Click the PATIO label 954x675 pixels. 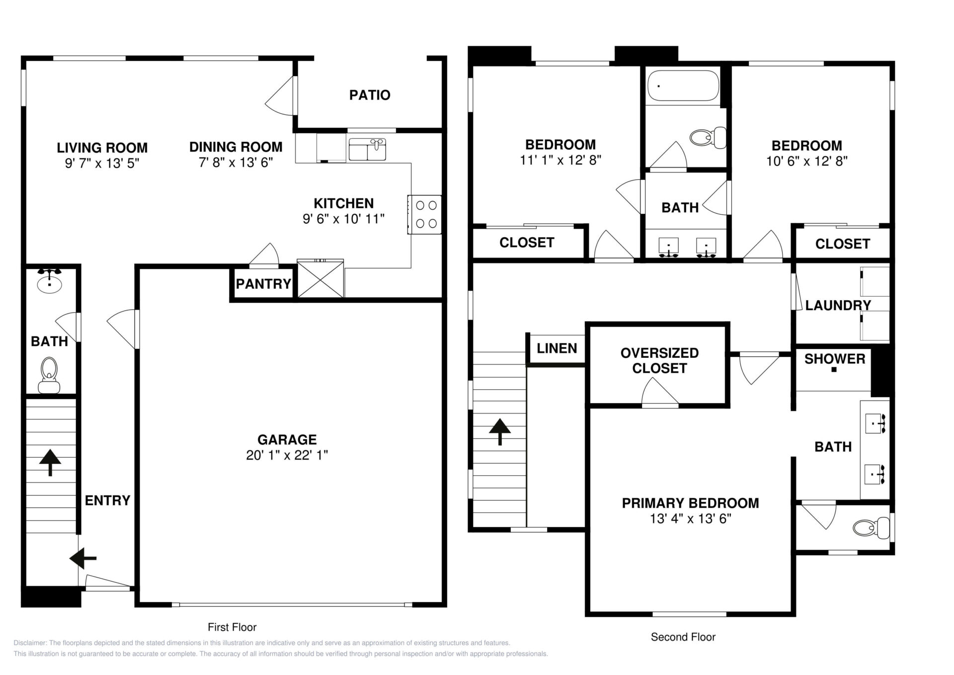[x=370, y=95]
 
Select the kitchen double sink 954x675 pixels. [x=367, y=149]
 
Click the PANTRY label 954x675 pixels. [x=263, y=284]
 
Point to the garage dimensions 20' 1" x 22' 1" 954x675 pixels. [x=287, y=455]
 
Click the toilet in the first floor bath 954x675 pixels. [x=49, y=375]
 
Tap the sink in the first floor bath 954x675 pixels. [x=49, y=282]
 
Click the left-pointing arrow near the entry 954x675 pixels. [x=82, y=558]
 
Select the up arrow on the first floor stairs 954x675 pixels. [x=50, y=462]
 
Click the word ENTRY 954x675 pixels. [x=107, y=501]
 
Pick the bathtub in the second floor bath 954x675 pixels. [x=683, y=85]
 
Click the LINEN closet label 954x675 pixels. [x=557, y=348]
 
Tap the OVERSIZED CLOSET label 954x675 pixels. [x=660, y=360]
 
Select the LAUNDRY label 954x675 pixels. [x=838, y=305]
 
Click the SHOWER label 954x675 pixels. [x=835, y=359]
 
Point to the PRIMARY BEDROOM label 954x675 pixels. [x=690, y=503]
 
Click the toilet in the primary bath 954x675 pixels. [x=872, y=528]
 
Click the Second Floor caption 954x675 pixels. [x=683, y=637]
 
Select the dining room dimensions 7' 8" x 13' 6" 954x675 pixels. [x=236, y=163]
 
